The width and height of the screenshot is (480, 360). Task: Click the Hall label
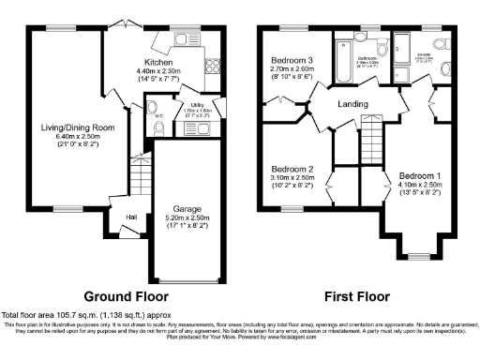point(132,217)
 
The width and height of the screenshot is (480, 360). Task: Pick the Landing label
point(352,103)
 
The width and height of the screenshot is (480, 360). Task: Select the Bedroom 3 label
point(289,59)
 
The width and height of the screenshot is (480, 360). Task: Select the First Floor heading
point(356,296)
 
